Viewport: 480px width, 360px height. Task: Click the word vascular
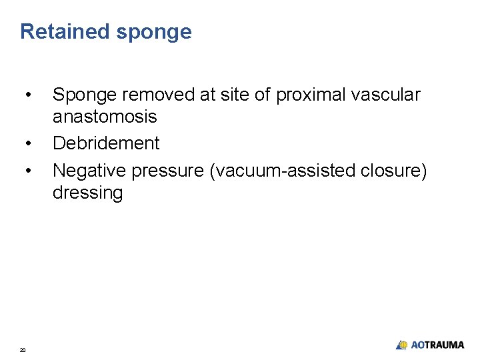click(x=387, y=95)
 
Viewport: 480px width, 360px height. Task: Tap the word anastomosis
click(x=105, y=117)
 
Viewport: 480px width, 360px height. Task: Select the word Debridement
click(x=106, y=143)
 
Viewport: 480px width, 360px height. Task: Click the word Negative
click(x=89, y=171)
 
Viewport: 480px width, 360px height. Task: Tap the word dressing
click(x=87, y=194)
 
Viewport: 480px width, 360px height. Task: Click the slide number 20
click(x=23, y=349)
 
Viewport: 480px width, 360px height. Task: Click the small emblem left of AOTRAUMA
click(x=401, y=345)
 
